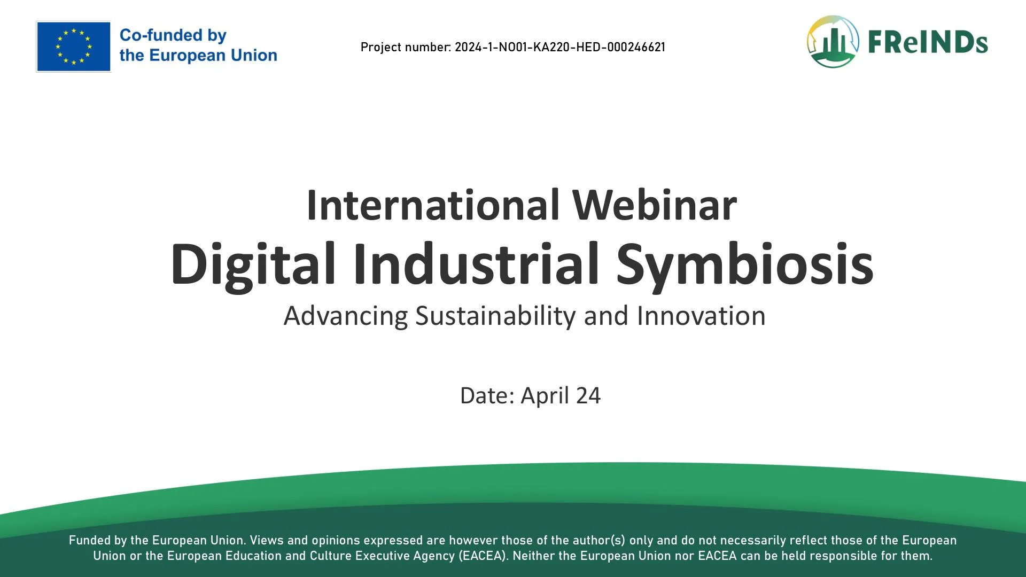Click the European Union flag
coord(73,46)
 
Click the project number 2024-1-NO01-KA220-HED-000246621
coord(560,47)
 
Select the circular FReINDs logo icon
coord(833,42)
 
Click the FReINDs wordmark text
coord(928,42)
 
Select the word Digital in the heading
coord(253,264)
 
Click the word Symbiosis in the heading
coord(745,264)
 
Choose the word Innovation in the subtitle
coord(701,316)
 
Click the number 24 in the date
coord(588,396)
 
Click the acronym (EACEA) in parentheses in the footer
coord(483,556)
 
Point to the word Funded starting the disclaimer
coord(90,541)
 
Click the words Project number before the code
coord(406,48)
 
